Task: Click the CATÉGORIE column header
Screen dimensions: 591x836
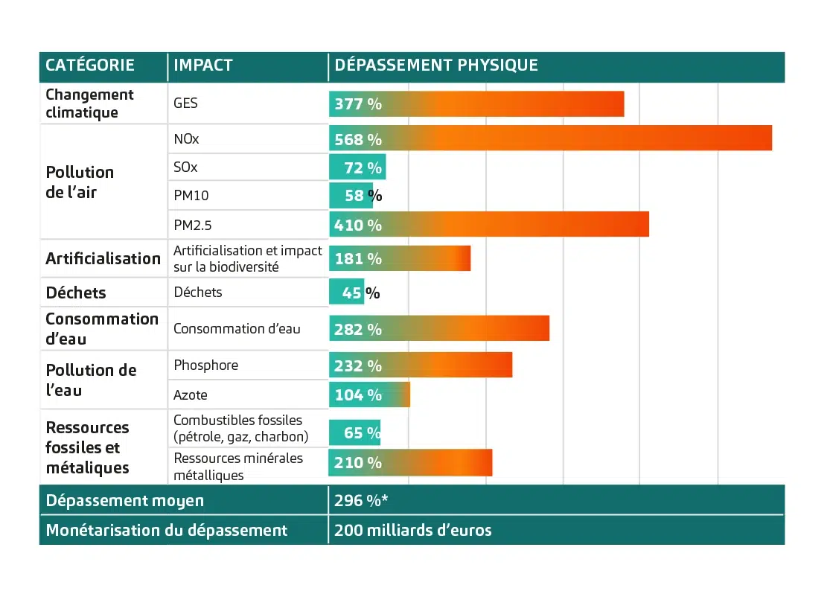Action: (x=90, y=66)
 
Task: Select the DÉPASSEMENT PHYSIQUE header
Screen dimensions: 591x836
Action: (x=435, y=66)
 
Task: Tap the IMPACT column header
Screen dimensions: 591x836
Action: (x=202, y=66)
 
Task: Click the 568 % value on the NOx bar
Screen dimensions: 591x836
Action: (x=358, y=140)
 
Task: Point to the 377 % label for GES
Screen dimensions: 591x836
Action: (x=358, y=104)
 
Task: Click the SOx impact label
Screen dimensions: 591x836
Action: (x=185, y=167)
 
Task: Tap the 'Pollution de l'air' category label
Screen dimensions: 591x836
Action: (x=80, y=182)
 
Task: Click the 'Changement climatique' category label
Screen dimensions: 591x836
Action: (x=89, y=103)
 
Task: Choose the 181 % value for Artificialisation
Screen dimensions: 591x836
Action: (x=358, y=259)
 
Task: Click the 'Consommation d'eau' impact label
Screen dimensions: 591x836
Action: (x=237, y=328)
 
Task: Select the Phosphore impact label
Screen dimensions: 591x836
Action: (x=205, y=365)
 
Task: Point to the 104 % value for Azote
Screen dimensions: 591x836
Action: (x=358, y=395)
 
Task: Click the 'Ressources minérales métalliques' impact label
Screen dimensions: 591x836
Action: (x=238, y=466)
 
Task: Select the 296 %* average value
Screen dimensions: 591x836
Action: (x=360, y=500)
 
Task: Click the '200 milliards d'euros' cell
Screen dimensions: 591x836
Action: (x=412, y=531)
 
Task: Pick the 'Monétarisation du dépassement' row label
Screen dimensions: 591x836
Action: (x=166, y=531)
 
